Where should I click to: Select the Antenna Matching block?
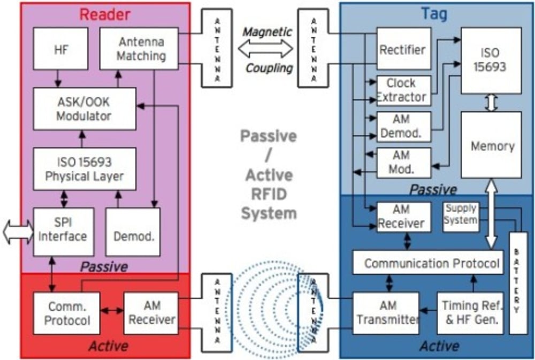139,49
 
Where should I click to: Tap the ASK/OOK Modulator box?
85,109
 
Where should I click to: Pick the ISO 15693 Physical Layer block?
85,168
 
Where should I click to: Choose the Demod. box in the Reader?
133,232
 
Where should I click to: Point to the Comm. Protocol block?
66,313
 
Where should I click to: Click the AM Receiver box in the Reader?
151,313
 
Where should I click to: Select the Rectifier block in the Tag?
403,49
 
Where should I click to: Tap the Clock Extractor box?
403,90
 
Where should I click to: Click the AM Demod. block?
403,127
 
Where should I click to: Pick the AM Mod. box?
403,163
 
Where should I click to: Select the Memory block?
491,145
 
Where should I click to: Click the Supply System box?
460,216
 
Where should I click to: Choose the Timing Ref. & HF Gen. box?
470,313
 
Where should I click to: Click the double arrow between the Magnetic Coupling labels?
266,49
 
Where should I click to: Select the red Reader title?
105,14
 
